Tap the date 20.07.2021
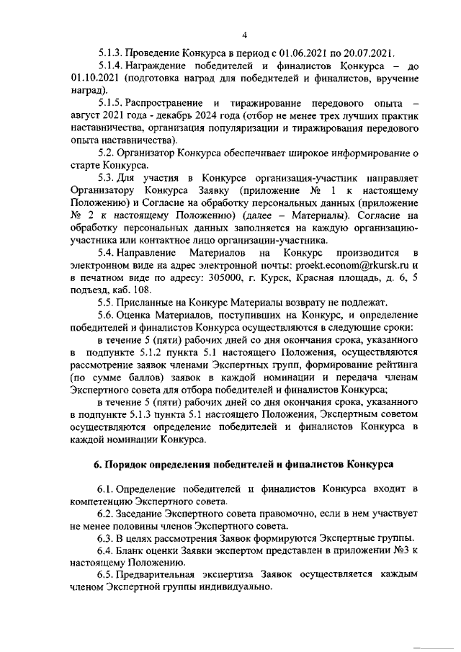coord(368,53)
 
